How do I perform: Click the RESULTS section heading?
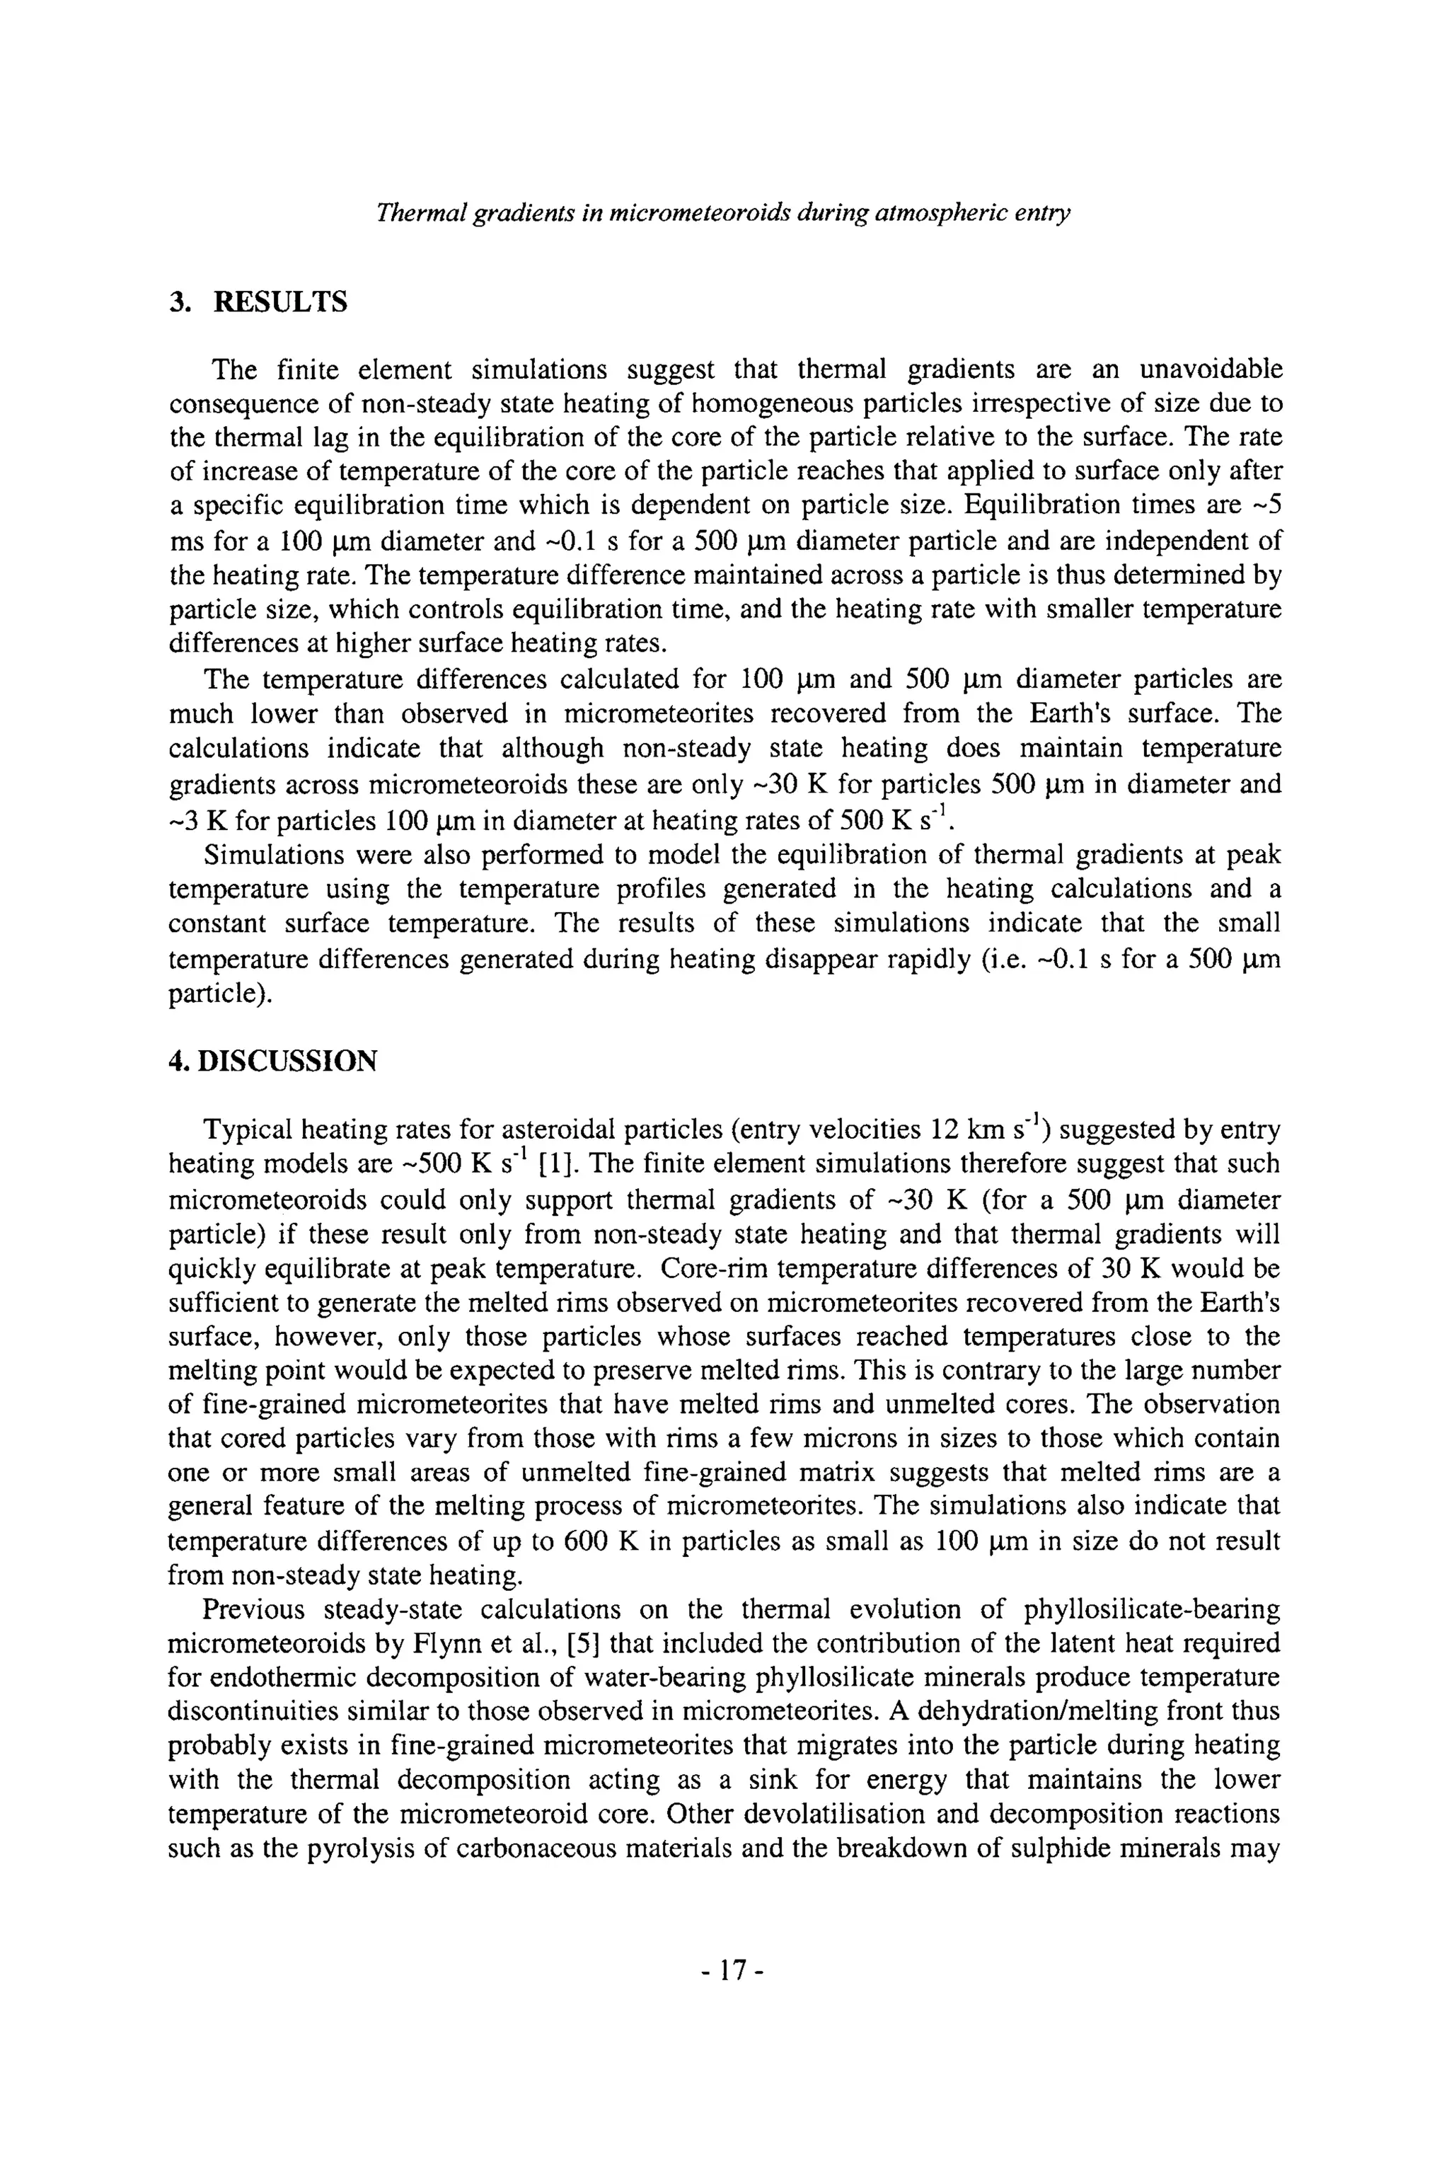[x=280, y=302]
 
